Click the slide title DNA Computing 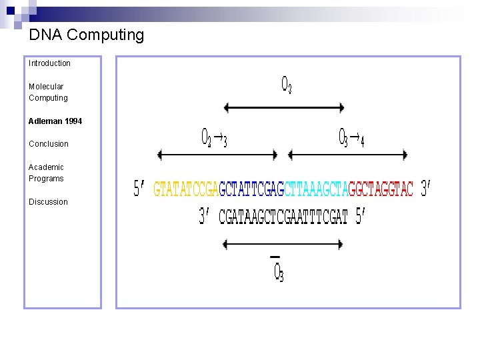[x=87, y=35]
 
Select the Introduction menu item [x=49, y=63]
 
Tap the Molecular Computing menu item [x=48, y=92]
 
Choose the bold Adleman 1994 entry [x=55, y=121]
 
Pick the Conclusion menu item [x=49, y=144]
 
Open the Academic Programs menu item [x=46, y=173]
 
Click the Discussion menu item [x=48, y=202]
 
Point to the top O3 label [x=286, y=85]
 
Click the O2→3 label [x=214, y=138]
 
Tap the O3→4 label [x=351, y=138]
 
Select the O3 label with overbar [x=279, y=271]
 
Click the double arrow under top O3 [x=284, y=107]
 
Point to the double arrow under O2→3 [x=217, y=155]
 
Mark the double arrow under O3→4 [x=348, y=155]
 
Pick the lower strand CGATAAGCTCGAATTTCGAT [x=283, y=217]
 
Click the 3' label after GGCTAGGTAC [x=426, y=189]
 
